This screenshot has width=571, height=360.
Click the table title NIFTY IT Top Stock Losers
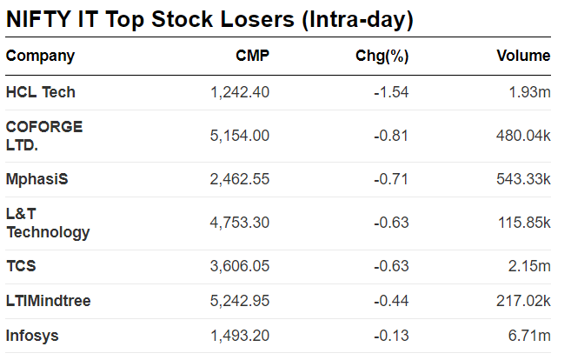[209, 19]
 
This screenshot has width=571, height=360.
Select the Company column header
[40, 57]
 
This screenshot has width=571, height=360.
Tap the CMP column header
[252, 57]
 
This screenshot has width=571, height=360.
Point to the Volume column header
[523, 57]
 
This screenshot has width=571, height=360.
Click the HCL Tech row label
[40, 92]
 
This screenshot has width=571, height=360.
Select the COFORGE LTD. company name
[43, 136]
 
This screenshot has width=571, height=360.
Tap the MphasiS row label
[37, 179]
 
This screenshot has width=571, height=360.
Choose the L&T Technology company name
[48, 223]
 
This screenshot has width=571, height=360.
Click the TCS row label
[21, 266]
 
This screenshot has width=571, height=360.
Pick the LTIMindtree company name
[48, 301]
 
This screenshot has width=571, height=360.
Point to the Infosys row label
[31, 336]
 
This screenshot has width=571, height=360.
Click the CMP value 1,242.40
[240, 92]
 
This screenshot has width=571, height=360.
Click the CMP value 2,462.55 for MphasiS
[240, 179]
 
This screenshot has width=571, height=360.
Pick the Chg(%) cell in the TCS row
[391, 266]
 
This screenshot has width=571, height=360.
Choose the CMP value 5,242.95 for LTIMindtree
[240, 301]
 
